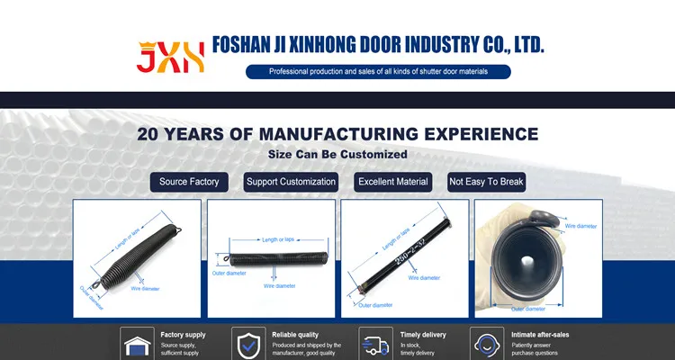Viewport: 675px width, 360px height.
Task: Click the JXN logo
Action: point(170,56)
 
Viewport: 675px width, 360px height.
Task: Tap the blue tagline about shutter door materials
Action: point(378,72)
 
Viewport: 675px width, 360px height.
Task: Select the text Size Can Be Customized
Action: point(337,154)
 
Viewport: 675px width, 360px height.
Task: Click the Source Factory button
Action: point(189,182)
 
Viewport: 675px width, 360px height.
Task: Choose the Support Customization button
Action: point(291,182)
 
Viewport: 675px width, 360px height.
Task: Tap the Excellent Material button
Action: point(392,182)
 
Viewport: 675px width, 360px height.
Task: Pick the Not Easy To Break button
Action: point(486,182)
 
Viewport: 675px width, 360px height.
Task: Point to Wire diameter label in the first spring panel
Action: point(145,289)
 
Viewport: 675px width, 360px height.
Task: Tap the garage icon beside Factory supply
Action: point(138,345)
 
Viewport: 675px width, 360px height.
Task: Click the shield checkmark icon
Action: point(248,345)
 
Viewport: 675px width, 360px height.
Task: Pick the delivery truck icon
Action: point(375,345)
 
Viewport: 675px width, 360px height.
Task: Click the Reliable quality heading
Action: point(295,335)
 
